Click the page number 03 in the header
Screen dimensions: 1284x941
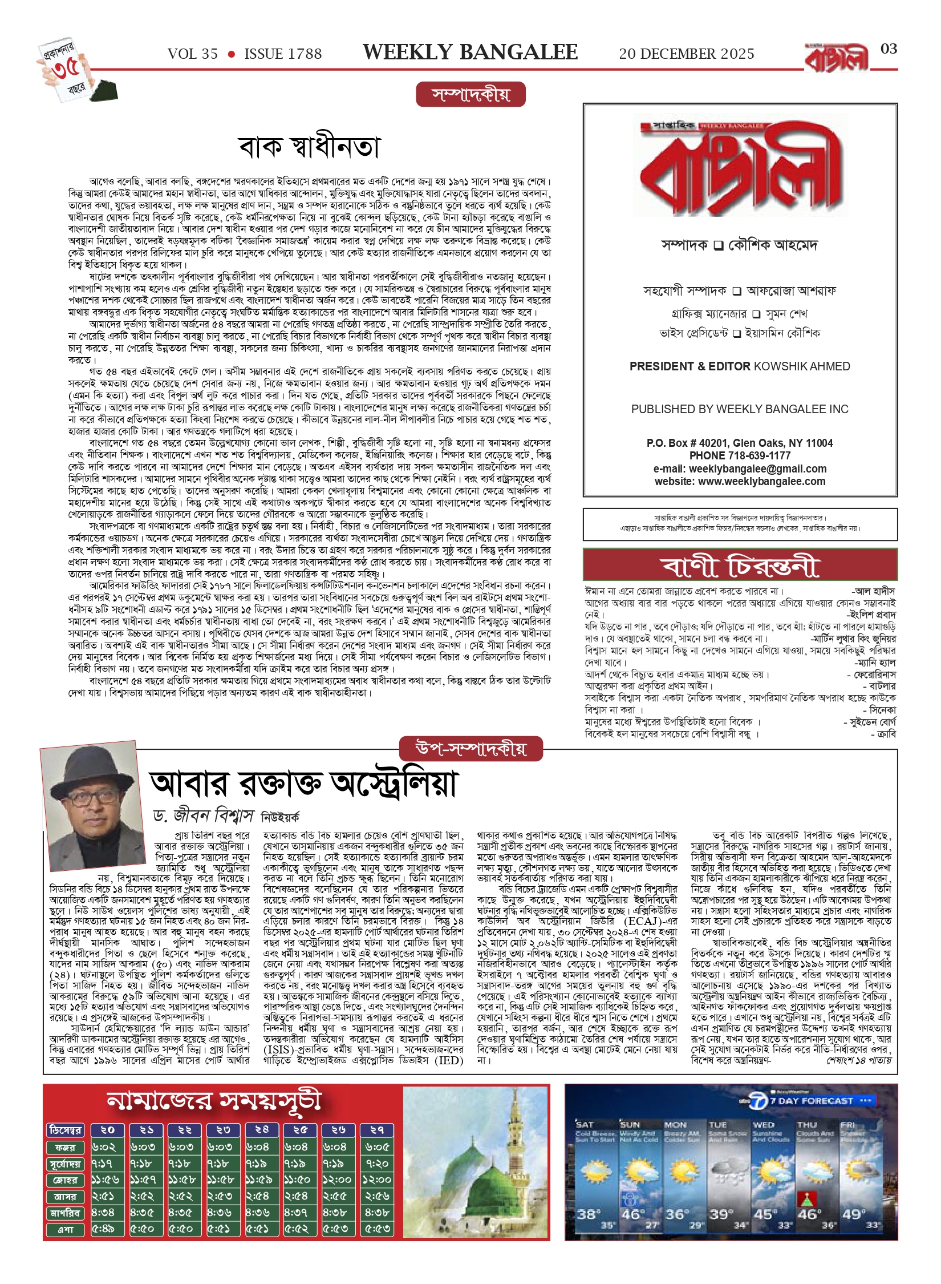coord(889,49)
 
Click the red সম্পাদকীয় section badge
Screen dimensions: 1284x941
coord(470,95)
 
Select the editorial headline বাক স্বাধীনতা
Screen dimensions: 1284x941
coord(309,147)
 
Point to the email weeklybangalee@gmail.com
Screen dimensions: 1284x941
coord(757,469)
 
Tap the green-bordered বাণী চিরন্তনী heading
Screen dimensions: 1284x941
coord(740,566)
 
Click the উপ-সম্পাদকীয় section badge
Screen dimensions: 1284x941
coord(470,749)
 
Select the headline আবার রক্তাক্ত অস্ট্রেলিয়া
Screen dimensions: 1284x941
coord(303,784)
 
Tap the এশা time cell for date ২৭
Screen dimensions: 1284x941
coord(377,1229)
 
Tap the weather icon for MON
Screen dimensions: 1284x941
coord(682,1173)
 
